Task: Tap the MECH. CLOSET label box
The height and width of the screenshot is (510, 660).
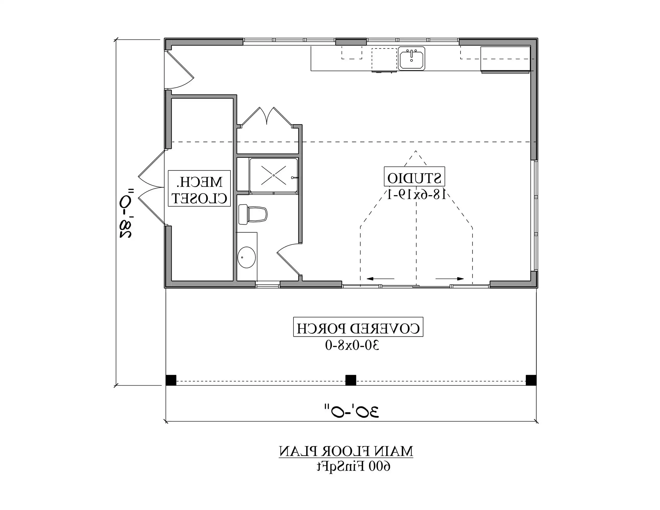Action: tap(199, 188)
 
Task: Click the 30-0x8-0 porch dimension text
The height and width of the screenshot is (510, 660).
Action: tap(352, 345)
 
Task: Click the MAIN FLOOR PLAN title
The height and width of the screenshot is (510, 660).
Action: tap(346, 451)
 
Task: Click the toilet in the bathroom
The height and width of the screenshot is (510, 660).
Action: tap(253, 214)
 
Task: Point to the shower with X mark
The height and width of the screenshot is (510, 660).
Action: tap(273, 175)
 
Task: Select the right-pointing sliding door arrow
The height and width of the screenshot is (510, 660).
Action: tap(450, 278)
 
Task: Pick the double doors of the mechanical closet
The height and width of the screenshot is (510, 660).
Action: tap(151, 187)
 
